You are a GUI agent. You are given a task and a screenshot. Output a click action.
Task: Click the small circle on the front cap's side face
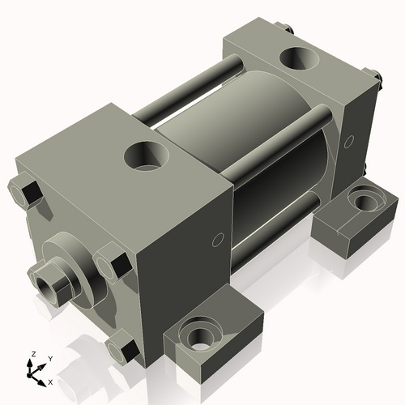click(x=216, y=241)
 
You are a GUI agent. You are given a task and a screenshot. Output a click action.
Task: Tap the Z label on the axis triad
click(x=32, y=354)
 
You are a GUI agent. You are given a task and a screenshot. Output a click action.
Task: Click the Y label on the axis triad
click(x=49, y=358)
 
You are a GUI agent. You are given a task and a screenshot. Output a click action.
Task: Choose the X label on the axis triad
click(x=50, y=382)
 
